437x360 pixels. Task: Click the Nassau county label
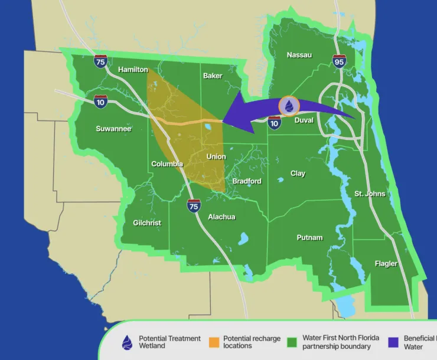[299, 55]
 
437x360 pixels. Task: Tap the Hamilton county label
[133, 70]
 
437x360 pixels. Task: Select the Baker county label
[213, 76]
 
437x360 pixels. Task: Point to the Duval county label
[304, 120]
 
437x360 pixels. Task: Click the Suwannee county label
[113, 128]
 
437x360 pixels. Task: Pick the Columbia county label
[167, 164]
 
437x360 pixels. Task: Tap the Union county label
[216, 156]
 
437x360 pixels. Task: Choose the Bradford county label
[247, 181]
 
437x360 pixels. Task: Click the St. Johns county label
[370, 194]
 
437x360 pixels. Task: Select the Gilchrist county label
[146, 222]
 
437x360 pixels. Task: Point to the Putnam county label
[309, 237]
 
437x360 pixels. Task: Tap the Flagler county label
[386, 263]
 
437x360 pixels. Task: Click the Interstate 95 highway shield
[339, 60]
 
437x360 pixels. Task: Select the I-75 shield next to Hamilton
[101, 60]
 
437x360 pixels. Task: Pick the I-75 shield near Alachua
[194, 205]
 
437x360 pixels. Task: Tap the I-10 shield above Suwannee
[100, 101]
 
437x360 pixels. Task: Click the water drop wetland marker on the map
[289, 106]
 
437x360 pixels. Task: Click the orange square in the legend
[214, 342]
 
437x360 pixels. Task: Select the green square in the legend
[292, 342]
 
